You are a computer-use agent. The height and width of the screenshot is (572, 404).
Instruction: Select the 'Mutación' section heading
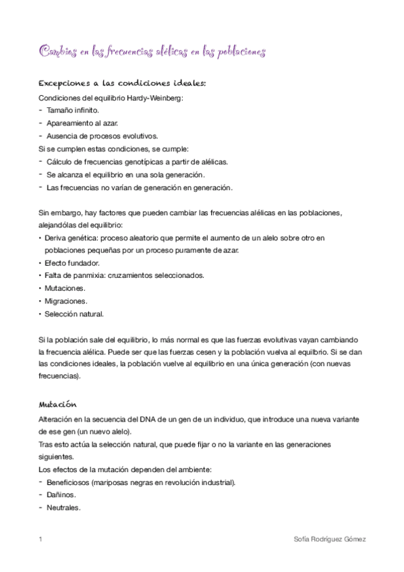tap(58, 405)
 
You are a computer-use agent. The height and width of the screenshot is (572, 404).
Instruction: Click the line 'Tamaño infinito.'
tap(73, 110)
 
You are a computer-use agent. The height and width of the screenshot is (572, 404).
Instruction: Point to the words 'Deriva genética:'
tap(71, 238)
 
